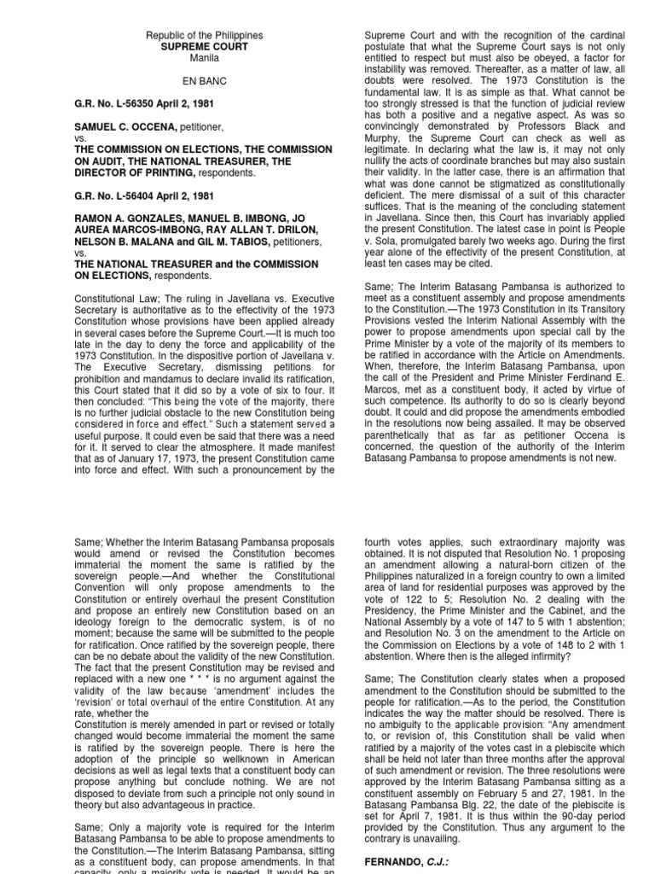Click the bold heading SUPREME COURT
point(204,47)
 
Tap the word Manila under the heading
point(204,59)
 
